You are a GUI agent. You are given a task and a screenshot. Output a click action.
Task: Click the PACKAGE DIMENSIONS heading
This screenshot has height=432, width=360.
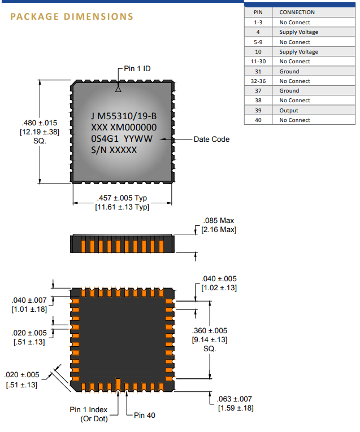click(x=72, y=16)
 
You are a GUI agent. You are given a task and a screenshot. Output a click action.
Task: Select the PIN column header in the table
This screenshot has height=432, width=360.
click(x=258, y=12)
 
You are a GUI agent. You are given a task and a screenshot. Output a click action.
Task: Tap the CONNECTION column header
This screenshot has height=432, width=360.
click(x=297, y=12)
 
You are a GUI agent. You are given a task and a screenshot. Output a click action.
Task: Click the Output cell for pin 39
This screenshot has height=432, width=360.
click(x=289, y=110)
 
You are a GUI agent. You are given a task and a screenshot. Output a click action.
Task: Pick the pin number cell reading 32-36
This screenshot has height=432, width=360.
click(x=258, y=81)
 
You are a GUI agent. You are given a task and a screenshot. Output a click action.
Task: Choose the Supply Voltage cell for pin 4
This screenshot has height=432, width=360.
click(x=298, y=32)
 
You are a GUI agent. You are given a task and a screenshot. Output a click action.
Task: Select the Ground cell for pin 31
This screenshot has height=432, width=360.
click(x=289, y=71)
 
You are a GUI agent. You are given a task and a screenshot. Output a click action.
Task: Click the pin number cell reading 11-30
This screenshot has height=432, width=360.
click(x=258, y=62)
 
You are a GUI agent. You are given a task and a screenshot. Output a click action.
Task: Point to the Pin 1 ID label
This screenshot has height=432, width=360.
click(x=137, y=68)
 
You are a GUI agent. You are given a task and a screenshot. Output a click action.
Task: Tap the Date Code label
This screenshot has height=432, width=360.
click(x=211, y=139)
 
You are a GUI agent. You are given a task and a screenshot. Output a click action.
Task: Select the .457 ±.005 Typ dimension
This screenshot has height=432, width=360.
click(x=122, y=198)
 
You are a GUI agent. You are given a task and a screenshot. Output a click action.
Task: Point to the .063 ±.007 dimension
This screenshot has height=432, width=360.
click(x=235, y=399)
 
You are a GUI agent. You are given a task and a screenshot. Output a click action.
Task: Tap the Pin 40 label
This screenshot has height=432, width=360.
click(x=144, y=415)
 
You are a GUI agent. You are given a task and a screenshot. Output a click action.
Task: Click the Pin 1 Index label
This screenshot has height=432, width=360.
click(x=89, y=409)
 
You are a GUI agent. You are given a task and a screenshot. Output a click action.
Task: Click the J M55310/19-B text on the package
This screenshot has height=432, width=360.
click(x=123, y=116)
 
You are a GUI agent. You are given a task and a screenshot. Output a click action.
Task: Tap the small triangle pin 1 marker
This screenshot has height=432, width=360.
click(x=118, y=89)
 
